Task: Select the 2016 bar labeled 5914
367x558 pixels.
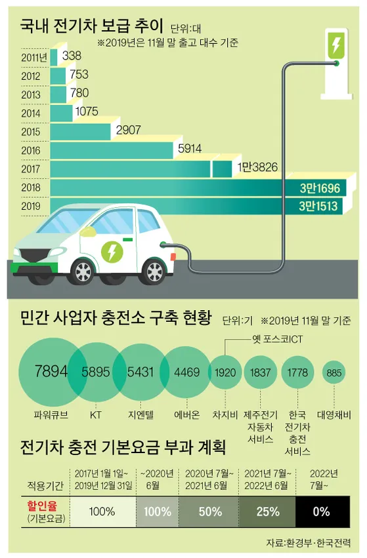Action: [x=112, y=150]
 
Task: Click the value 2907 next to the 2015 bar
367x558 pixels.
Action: [x=129, y=130]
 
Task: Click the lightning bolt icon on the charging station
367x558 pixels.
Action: [x=335, y=46]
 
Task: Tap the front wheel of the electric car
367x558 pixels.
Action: [x=83, y=269]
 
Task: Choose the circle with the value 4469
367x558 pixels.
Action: [x=186, y=372]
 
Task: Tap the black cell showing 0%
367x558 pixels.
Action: [x=321, y=511]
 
